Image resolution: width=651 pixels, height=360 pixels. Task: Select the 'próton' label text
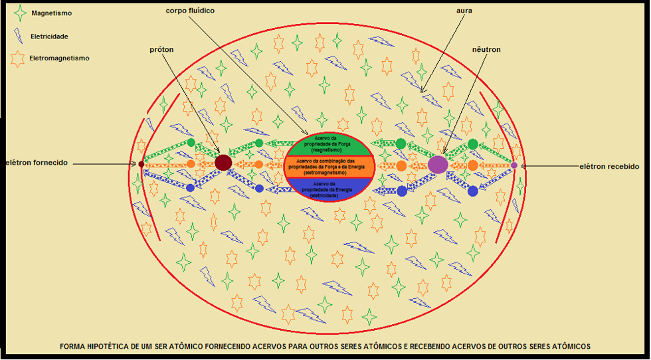click(161, 49)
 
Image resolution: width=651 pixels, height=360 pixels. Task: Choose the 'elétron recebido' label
click(610, 167)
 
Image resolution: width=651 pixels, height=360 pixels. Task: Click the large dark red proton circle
click(223, 162)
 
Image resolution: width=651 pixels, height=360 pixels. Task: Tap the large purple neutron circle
click(438, 165)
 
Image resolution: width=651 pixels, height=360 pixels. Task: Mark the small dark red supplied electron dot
click(141, 164)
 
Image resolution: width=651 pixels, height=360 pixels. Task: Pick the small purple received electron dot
click(514, 165)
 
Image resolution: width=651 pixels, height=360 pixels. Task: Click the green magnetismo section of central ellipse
click(329, 145)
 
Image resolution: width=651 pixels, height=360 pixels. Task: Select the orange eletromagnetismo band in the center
click(329, 165)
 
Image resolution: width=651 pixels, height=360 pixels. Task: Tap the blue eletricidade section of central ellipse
click(329, 189)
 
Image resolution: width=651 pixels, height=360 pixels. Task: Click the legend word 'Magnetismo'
click(52, 13)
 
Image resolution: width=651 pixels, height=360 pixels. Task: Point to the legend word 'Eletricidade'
click(49, 37)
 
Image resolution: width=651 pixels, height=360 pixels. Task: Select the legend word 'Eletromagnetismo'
click(59, 58)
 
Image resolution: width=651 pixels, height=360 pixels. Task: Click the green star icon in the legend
click(20, 14)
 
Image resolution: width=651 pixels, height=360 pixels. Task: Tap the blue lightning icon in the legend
click(19, 36)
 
